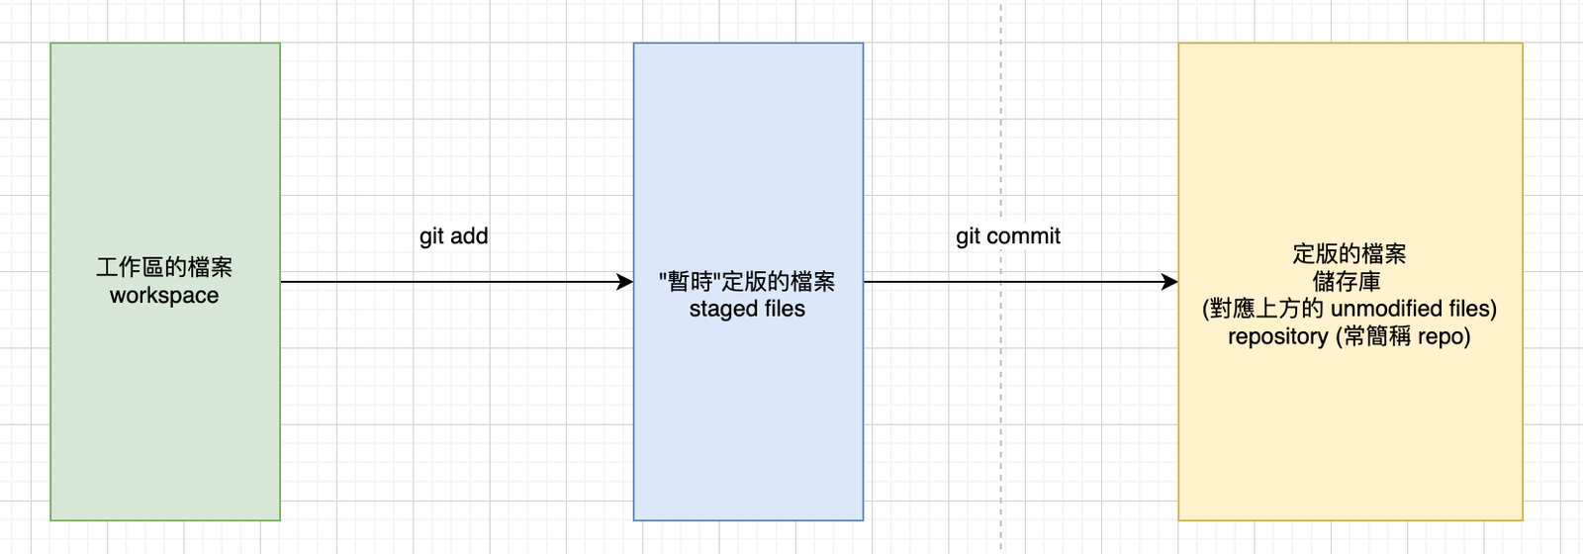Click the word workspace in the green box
[164, 296]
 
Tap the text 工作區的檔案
[164, 267]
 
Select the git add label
[453, 236]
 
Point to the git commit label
[1007, 236]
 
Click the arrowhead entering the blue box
[624, 282]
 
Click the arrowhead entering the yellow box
[1169, 282]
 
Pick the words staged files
[747, 310]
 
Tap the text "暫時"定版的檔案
[747, 282]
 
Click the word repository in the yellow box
[1278, 337]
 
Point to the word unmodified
[1385, 309]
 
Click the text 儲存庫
[1348, 282]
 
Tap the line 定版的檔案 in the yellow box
[1350, 254]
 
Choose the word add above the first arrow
[469, 236]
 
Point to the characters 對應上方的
[1266, 309]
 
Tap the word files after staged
[784, 310]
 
